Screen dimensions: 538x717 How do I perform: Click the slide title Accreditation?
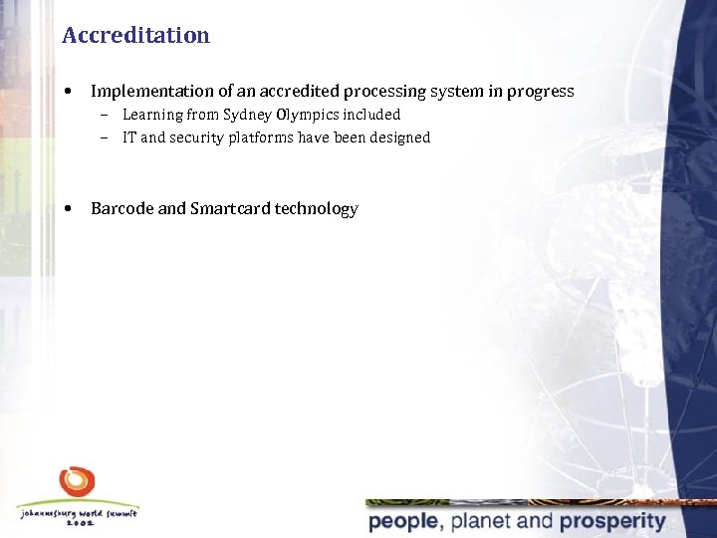135,36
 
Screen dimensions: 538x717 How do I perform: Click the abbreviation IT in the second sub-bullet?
129,137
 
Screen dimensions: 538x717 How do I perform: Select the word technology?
316,209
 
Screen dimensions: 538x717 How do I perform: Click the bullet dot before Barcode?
67,209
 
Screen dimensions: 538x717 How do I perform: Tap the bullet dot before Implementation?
67,92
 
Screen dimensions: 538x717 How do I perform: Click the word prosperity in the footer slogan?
611,521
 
